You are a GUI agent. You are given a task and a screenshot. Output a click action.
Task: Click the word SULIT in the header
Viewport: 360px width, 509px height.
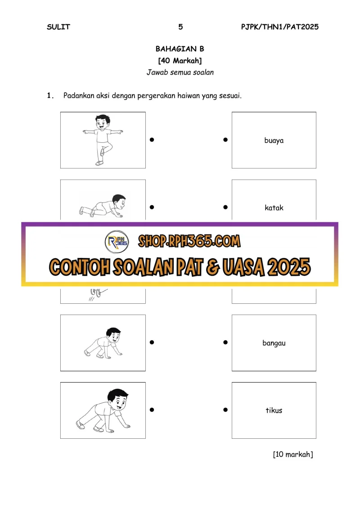click(x=58, y=27)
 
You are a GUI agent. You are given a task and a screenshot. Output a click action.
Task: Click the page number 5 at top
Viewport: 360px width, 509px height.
click(x=180, y=27)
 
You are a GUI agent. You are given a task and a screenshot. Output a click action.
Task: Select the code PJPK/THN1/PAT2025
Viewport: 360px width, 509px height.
click(x=280, y=27)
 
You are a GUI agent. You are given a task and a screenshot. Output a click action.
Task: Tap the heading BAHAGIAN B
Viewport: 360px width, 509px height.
click(x=180, y=49)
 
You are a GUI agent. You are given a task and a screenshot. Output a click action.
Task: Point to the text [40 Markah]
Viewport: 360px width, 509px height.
click(x=180, y=61)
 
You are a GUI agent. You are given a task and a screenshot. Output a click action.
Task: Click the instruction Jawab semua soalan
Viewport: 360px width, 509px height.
click(x=180, y=72)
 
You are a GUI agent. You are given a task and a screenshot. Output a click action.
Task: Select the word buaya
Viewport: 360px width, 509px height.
click(x=274, y=140)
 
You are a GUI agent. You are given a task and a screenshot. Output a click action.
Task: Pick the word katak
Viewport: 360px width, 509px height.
click(x=274, y=208)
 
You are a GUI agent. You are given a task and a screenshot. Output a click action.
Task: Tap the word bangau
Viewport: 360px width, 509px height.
click(x=274, y=343)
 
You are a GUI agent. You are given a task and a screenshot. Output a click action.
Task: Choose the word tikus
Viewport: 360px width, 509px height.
click(x=274, y=410)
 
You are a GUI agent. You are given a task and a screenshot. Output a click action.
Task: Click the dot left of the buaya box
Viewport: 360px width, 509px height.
click(x=225, y=140)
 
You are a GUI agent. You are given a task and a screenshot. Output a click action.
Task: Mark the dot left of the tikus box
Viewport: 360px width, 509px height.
click(x=225, y=410)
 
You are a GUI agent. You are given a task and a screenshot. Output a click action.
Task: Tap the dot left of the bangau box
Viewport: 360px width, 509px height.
click(x=225, y=342)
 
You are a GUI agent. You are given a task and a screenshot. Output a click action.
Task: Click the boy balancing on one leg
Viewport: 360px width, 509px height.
click(x=103, y=140)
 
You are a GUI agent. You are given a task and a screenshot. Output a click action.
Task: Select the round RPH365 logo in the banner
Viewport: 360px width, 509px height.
click(x=117, y=242)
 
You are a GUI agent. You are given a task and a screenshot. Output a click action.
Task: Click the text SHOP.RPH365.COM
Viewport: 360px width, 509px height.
click(x=189, y=241)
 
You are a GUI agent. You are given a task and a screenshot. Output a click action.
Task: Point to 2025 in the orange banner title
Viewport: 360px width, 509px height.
click(x=289, y=267)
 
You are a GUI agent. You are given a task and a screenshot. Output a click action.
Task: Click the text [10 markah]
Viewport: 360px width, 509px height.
click(x=293, y=455)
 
